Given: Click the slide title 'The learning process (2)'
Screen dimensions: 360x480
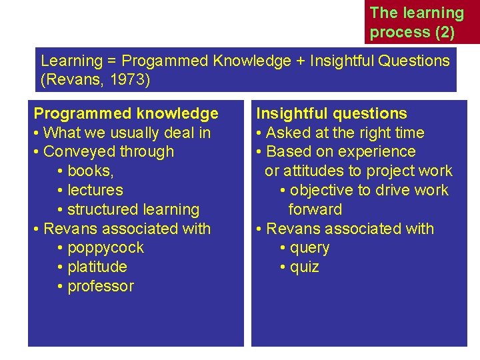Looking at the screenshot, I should (417, 22).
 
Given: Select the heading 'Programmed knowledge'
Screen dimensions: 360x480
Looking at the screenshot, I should (126, 113).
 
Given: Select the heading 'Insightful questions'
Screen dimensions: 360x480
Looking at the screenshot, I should (331, 113).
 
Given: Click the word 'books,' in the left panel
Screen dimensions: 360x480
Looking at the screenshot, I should (91, 171).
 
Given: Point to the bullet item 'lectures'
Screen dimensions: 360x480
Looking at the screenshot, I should (95, 190).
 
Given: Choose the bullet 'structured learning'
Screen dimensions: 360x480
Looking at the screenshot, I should (133, 209).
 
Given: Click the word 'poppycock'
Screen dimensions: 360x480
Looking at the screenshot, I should (105, 247).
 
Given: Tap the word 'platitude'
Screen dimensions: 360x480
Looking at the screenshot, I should (97, 267).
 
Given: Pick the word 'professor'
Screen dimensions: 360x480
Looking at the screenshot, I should (101, 286).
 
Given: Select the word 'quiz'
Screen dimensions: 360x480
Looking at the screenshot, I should (305, 267).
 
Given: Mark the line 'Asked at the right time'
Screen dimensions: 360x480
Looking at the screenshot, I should (345, 133).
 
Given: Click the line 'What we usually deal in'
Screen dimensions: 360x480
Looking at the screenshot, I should (127, 133).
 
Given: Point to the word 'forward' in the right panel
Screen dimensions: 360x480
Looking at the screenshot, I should (315, 209).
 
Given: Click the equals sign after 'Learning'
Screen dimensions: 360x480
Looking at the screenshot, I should (110, 61).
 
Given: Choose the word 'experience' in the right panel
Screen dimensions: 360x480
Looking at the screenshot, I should (377, 151).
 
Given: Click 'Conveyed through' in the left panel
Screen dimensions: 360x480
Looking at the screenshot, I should (108, 151).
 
